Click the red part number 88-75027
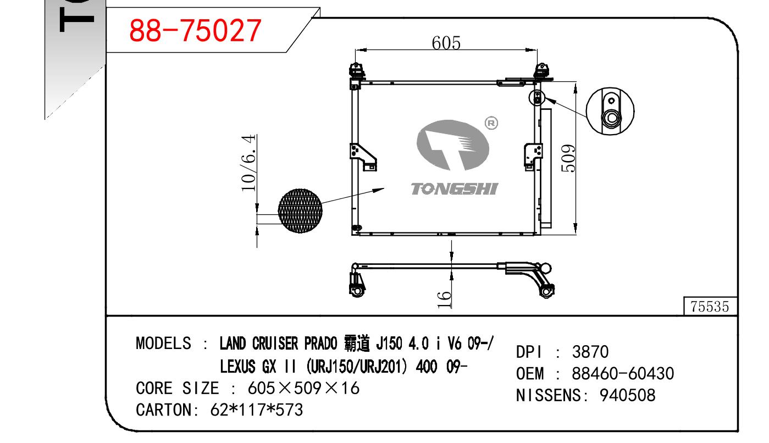[x=195, y=31]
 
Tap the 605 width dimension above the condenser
[x=446, y=43]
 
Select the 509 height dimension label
[x=568, y=158]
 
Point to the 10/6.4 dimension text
[x=248, y=163]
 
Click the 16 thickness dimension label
[x=444, y=300]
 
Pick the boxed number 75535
[x=710, y=307]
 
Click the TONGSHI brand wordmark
[x=455, y=189]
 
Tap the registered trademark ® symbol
[x=491, y=123]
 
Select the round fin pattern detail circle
[x=300, y=211]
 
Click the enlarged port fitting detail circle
[x=610, y=111]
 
